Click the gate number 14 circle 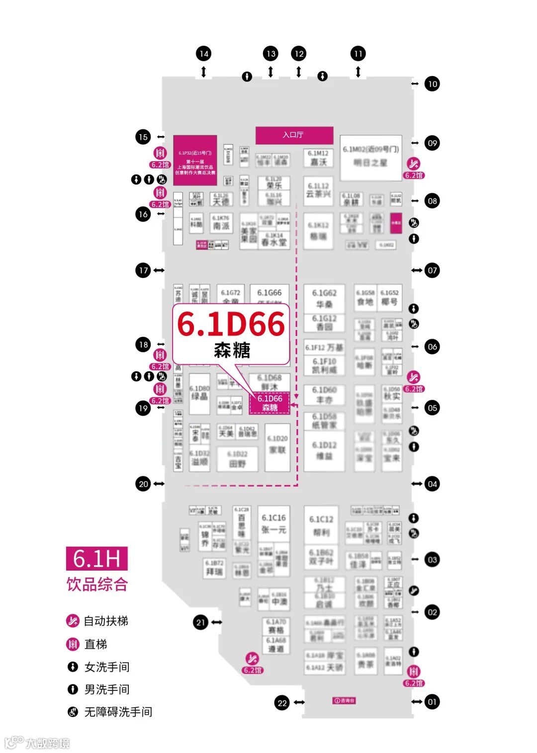[203, 54]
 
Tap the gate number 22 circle [282, 703]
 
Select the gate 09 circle [432, 143]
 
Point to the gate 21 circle [200, 622]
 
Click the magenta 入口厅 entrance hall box [294, 135]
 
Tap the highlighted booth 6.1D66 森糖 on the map [269, 403]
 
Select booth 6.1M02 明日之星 [371, 158]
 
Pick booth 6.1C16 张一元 [274, 524]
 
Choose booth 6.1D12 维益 [324, 450]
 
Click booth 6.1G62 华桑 [324, 299]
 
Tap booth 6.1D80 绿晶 [199, 393]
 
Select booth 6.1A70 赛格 [276, 626]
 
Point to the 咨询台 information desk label [344, 701]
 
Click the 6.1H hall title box [97, 559]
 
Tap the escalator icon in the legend [73, 621]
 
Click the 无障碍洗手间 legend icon [73, 712]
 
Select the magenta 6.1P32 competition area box [195, 160]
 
